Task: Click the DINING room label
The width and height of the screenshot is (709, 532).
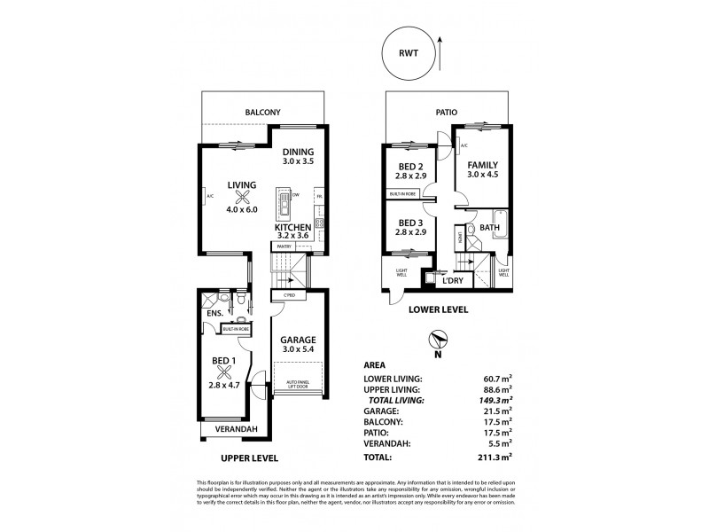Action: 299,152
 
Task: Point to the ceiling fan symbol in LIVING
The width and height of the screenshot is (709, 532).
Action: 241,200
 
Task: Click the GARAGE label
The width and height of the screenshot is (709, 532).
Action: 298,340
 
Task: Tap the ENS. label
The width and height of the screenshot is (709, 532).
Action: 214,313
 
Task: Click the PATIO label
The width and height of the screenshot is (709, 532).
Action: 447,113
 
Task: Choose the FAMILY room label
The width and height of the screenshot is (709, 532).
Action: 482,165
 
